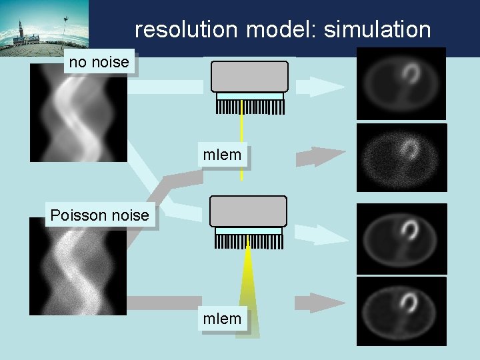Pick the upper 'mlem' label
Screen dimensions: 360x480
coord(223,156)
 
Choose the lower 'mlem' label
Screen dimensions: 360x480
coord(223,319)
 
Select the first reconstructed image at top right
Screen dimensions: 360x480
coord(401,83)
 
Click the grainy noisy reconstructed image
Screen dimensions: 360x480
coord(401,158)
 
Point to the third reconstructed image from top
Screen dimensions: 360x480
coord(401,238)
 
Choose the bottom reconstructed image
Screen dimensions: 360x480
coord(401,311)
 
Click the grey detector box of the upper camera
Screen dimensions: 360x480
coord(249,76)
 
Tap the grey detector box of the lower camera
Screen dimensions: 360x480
coord(248,211)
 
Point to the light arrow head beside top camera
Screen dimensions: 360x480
coord(325,86)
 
